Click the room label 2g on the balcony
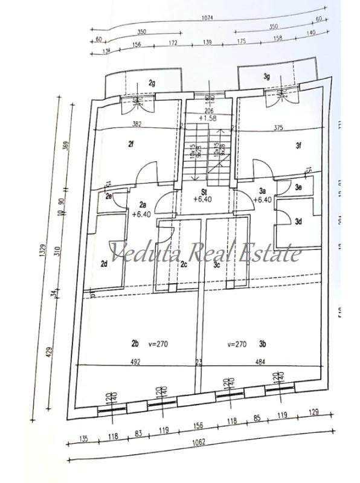click(x=152, y=83)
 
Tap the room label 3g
click(x=265, y=76)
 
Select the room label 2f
click(x=130, y=144)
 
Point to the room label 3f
click(x=298, y=145)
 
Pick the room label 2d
click(x=104, y=263)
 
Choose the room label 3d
click(x=298, y=222)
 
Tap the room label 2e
click(x=109, y=196)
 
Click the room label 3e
click(x=298, y=188)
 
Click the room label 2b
click(x=135, y=344)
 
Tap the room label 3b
click(x=263, y=344)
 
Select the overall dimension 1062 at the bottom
click(x=199, y=441)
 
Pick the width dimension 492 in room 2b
click(x=135, y=362)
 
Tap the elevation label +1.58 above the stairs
click(x=210, y=118)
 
